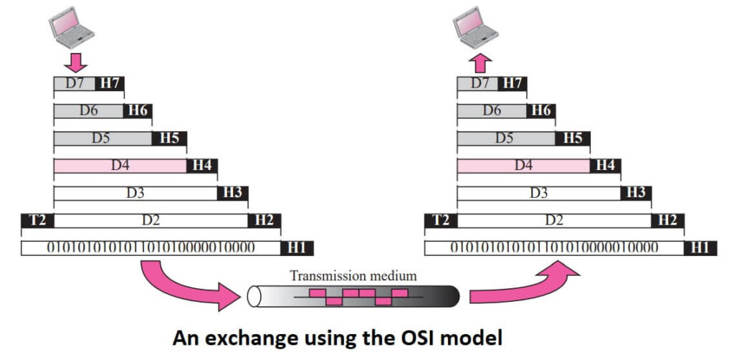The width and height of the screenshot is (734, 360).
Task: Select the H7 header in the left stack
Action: click(110, 84)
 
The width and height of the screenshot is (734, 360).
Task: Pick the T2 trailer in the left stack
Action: click(37, 220)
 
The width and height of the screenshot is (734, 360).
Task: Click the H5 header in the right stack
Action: click(573, 138)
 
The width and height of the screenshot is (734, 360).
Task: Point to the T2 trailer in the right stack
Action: click(441, 220)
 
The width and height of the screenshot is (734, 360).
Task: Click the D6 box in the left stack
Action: click(89, 111)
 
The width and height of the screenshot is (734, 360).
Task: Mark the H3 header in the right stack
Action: click(635, 193)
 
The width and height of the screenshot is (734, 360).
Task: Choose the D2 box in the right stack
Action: click(554, 220)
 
